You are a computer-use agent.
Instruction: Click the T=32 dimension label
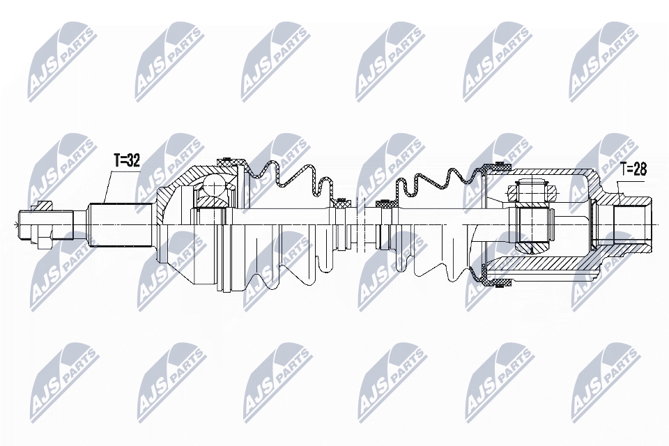[x=127, y=161]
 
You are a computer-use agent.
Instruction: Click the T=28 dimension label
[x=633, y=168]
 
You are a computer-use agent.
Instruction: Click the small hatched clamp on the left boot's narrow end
[x=341, y=203]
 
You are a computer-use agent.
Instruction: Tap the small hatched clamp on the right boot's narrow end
[x=385, y=204]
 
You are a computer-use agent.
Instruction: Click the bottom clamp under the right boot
[x=498, y=282]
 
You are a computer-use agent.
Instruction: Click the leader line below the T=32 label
[x=108, y=185]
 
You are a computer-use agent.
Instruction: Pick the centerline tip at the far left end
[x=15, y=224]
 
